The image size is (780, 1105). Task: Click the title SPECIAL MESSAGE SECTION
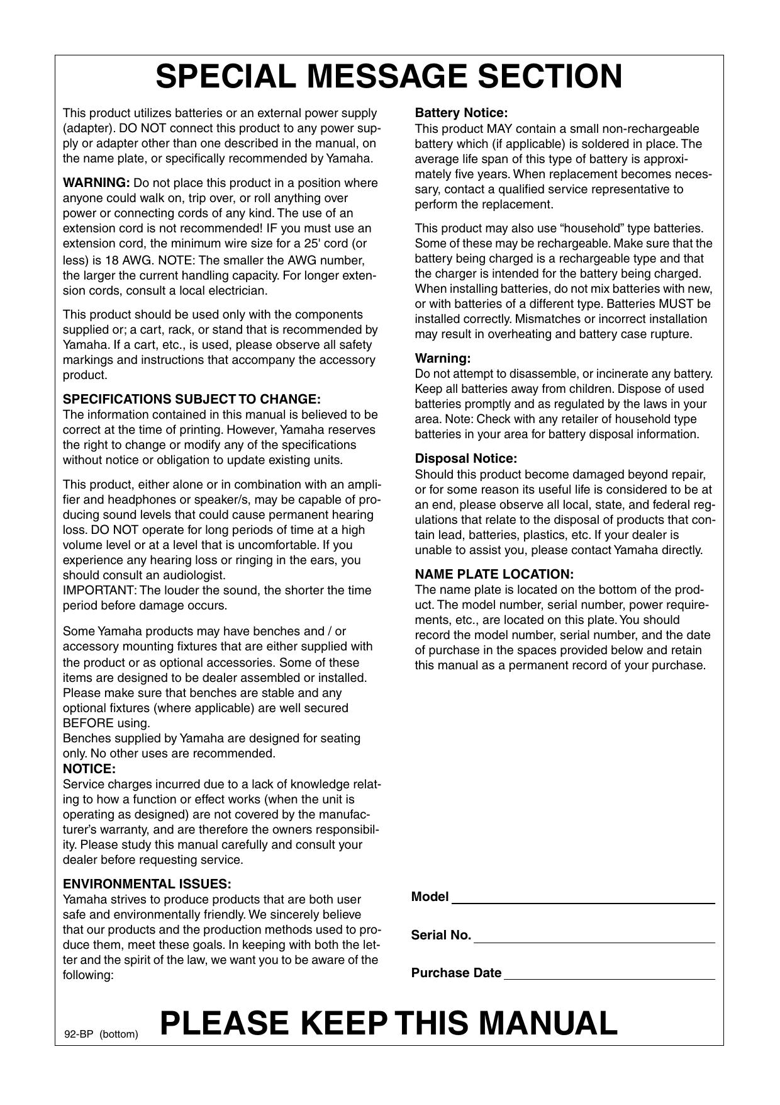coord(389,77)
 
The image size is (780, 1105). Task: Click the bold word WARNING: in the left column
coord(96,183)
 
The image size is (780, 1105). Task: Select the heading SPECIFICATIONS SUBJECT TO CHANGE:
coord(192,400)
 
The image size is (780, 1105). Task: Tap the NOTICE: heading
coord(89,769)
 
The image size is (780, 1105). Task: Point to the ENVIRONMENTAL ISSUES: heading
coord(147,884)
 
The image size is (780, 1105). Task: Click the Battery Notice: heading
coord(461,113)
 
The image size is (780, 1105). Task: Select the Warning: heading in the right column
coord(443,359)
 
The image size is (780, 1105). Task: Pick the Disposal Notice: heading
coord(465,458)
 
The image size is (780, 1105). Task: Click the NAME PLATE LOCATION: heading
coord(494,574)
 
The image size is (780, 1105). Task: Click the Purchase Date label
coord(456,973)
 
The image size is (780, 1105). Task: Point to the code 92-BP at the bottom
coord(79,1034)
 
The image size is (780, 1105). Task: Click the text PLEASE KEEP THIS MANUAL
coord(389,1023)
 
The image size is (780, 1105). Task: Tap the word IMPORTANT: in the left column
coord(99,591)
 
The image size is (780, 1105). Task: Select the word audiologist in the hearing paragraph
coord(195,575)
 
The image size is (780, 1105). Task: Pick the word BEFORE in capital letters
coord(88,723)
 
